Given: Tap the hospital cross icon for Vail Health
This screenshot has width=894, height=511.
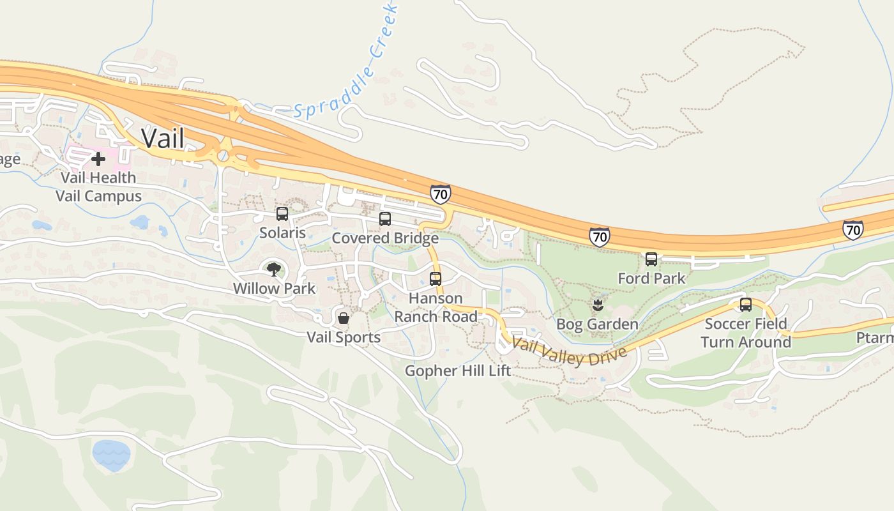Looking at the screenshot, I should coord(98,158).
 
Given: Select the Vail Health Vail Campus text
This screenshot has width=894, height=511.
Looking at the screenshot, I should coord(98,187).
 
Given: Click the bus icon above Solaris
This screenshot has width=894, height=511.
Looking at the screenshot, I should coord(282,214).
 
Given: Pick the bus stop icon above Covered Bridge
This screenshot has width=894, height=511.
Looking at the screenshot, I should coord(385,219).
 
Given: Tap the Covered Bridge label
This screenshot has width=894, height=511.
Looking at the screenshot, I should coord(385,238).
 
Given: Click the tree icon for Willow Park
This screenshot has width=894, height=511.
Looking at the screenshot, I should coord(274,270).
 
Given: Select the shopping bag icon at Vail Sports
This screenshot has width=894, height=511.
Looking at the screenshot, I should coord(344,318).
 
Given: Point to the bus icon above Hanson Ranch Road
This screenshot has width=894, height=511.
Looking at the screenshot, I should coord(436,279).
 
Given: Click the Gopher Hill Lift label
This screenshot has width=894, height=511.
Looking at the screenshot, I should coord(458,370).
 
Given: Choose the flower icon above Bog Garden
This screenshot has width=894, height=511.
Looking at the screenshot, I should coord(597,305).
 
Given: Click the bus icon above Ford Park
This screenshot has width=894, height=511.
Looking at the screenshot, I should coord(651,259).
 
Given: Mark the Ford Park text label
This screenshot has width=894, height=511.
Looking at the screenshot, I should coord(651,278).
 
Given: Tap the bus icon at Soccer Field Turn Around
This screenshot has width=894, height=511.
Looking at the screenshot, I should coord(745,305).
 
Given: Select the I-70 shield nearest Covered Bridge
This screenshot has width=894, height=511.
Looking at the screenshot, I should coord(440,194).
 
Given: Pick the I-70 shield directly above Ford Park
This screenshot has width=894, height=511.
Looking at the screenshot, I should coord(599,236).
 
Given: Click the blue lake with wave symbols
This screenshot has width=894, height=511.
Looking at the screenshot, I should coord(111,455).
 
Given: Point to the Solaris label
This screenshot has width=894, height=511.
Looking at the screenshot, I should coord(282,233).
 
